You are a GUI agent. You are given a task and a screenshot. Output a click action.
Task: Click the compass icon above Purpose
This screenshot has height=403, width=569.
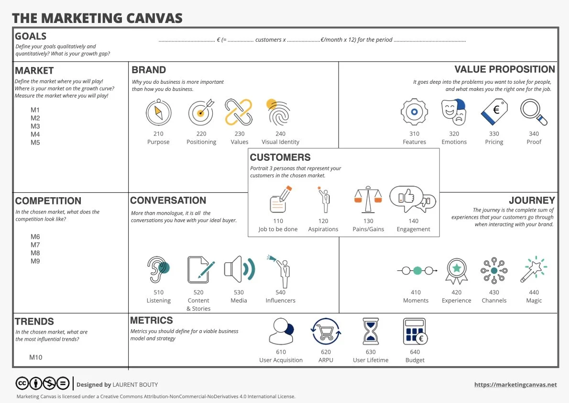[158, 112]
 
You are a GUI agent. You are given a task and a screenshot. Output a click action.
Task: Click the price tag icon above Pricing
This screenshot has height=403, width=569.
[494, 112]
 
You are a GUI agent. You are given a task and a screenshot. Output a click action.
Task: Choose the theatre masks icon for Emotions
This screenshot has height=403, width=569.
[454, 112]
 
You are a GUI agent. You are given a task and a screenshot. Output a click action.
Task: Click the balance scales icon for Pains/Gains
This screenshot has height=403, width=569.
[368, 199]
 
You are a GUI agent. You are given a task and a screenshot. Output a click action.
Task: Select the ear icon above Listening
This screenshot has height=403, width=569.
[158, 270]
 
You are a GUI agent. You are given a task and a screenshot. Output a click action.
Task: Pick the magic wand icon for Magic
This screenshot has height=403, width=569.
[534, 270]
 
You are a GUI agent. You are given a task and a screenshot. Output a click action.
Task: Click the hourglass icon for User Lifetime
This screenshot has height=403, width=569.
[371, 331]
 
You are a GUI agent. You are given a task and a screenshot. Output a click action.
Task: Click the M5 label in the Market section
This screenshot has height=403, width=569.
[35, 143]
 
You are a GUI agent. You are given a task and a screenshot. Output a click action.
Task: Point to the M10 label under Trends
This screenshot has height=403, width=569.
[36, 357]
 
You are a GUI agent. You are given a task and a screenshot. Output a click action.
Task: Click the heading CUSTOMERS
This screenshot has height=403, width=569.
[280, 157]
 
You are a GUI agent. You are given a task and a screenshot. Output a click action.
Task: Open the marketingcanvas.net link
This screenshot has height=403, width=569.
[515, 385]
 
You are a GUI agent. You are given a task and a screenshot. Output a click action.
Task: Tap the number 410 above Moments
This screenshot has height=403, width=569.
[416, 292]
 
